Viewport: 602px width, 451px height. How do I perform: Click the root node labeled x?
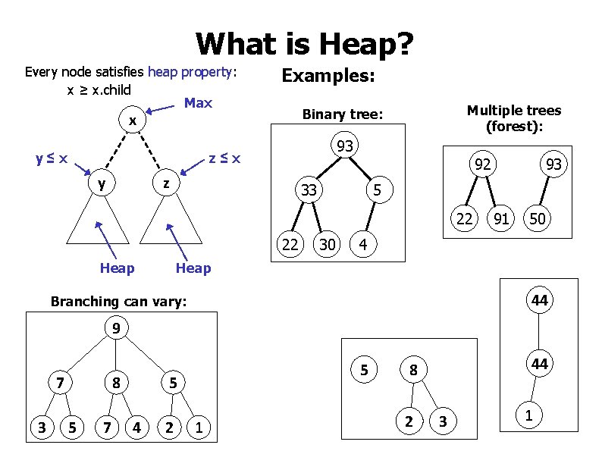132,121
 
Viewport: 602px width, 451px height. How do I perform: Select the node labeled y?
102,183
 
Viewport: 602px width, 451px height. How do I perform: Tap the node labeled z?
167,183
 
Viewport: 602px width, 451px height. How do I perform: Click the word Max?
198,103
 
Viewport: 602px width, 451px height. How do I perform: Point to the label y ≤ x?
52,159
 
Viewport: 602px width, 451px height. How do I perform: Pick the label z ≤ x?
225,158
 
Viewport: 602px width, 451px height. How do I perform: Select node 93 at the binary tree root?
345,146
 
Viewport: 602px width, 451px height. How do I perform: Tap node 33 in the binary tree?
309,190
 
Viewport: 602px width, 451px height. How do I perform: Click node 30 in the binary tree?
328,244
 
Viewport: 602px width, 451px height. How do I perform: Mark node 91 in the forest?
500,220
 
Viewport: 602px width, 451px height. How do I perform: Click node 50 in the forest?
538,220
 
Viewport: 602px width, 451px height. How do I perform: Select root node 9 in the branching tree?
115,329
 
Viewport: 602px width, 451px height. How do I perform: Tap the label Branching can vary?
118,302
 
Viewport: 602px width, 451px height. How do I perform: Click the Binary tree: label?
343,115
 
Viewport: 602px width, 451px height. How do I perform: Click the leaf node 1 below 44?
528,415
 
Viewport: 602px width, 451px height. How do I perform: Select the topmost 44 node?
539,301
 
